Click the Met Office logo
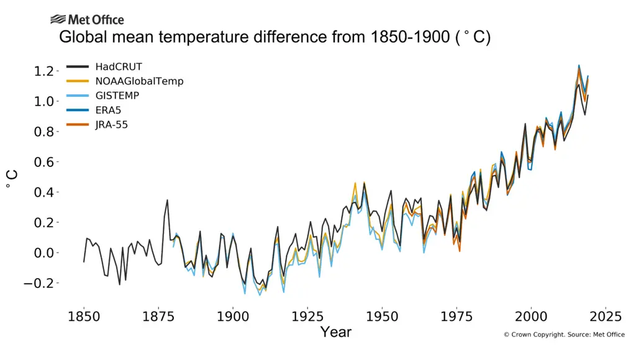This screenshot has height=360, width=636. (x=87, y=20)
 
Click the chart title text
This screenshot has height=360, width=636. (x=275, y=37)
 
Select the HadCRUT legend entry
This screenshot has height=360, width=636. (x=119, y=66)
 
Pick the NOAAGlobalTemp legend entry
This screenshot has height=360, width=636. (x=139, y=81)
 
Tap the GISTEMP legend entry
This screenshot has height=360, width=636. (x=117, y=96)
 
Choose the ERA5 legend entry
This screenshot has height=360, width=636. (x=108, y=110)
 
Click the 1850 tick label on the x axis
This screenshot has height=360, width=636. (x=84, y=315)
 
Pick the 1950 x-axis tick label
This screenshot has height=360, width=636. (x=382, y=315)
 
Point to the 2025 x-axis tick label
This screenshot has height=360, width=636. (x=606, y=315)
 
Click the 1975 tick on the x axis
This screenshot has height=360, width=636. (x=457, y=315)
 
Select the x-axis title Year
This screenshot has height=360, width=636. (x=336, y=332)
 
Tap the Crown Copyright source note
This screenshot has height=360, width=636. (x=563, y=335)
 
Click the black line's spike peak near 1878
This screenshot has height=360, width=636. (x=167, y=200)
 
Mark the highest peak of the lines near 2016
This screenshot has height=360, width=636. (x=579, y=65)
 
